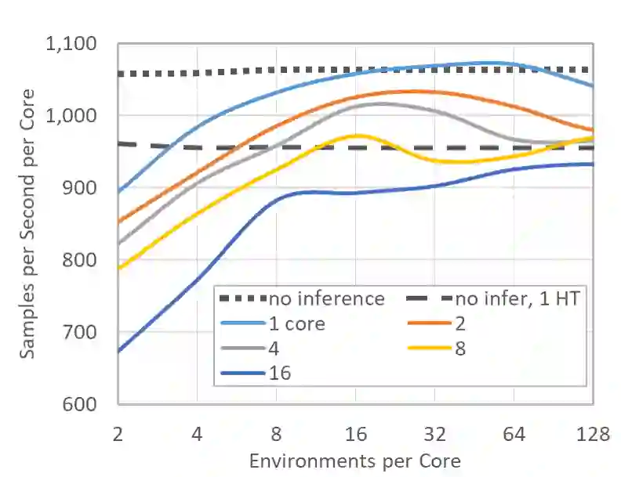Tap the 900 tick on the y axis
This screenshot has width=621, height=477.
pyautogui.click(x=89, y=188)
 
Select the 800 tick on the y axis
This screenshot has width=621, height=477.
pyautogui.click(x=89, y=260)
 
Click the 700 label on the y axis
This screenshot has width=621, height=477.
pyautogui.click(x=89, y=332)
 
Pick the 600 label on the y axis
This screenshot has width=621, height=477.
pyautogui.click(x=89, y=404)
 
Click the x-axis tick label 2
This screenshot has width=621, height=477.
pyautogui.click(x=118, y=433)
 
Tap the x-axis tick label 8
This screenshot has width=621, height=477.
pyautogui.click(x=277, y=433)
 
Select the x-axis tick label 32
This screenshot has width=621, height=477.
pyautogui.click(x=434, y=433)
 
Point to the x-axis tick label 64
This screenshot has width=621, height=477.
pyautogui.click(x=514, y=433)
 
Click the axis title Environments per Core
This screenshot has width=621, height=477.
pyautogui.click(x=354, y=460)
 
